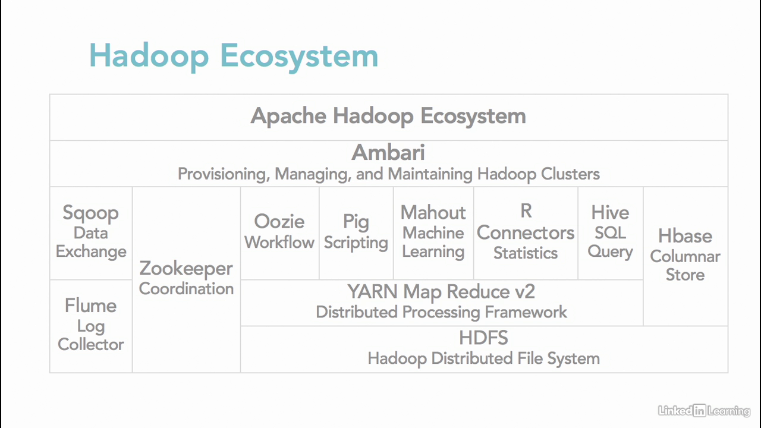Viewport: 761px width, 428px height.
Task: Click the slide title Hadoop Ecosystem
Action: [x=234, y=56]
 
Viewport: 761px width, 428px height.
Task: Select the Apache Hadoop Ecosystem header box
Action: [x=388, y=116]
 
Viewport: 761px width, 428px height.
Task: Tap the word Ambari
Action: [x=388, y=153]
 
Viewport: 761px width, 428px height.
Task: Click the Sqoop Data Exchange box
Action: [x=91, y=232]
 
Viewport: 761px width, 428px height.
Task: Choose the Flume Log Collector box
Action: [x=91, y=325]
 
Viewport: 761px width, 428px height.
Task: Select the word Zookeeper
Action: [x=186, y=268]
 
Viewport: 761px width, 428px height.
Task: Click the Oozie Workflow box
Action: [x=279, y=232]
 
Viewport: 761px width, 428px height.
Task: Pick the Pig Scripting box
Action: [x=356, y=232]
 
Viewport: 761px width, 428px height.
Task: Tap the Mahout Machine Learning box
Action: [x=433, y=232]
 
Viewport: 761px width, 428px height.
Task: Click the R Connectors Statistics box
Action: [x=526, y=232]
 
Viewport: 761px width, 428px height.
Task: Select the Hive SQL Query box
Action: [x=610, y=232]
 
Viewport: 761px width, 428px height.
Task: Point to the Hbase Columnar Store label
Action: [x=685, y=255]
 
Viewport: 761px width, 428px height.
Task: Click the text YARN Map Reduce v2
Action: [x=441, y=292]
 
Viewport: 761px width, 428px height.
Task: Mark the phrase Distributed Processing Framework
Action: [x=441, y=312]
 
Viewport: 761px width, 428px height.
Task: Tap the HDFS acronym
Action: [x=483, y=338]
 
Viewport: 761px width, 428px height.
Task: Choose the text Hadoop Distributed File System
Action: [x=483, y=358]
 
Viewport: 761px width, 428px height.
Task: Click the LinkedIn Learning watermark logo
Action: [x=704, y=410]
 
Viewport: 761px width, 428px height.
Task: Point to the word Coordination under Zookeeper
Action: [x=186, y=289]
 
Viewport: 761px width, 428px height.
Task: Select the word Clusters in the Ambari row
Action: [x=570, y=174]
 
